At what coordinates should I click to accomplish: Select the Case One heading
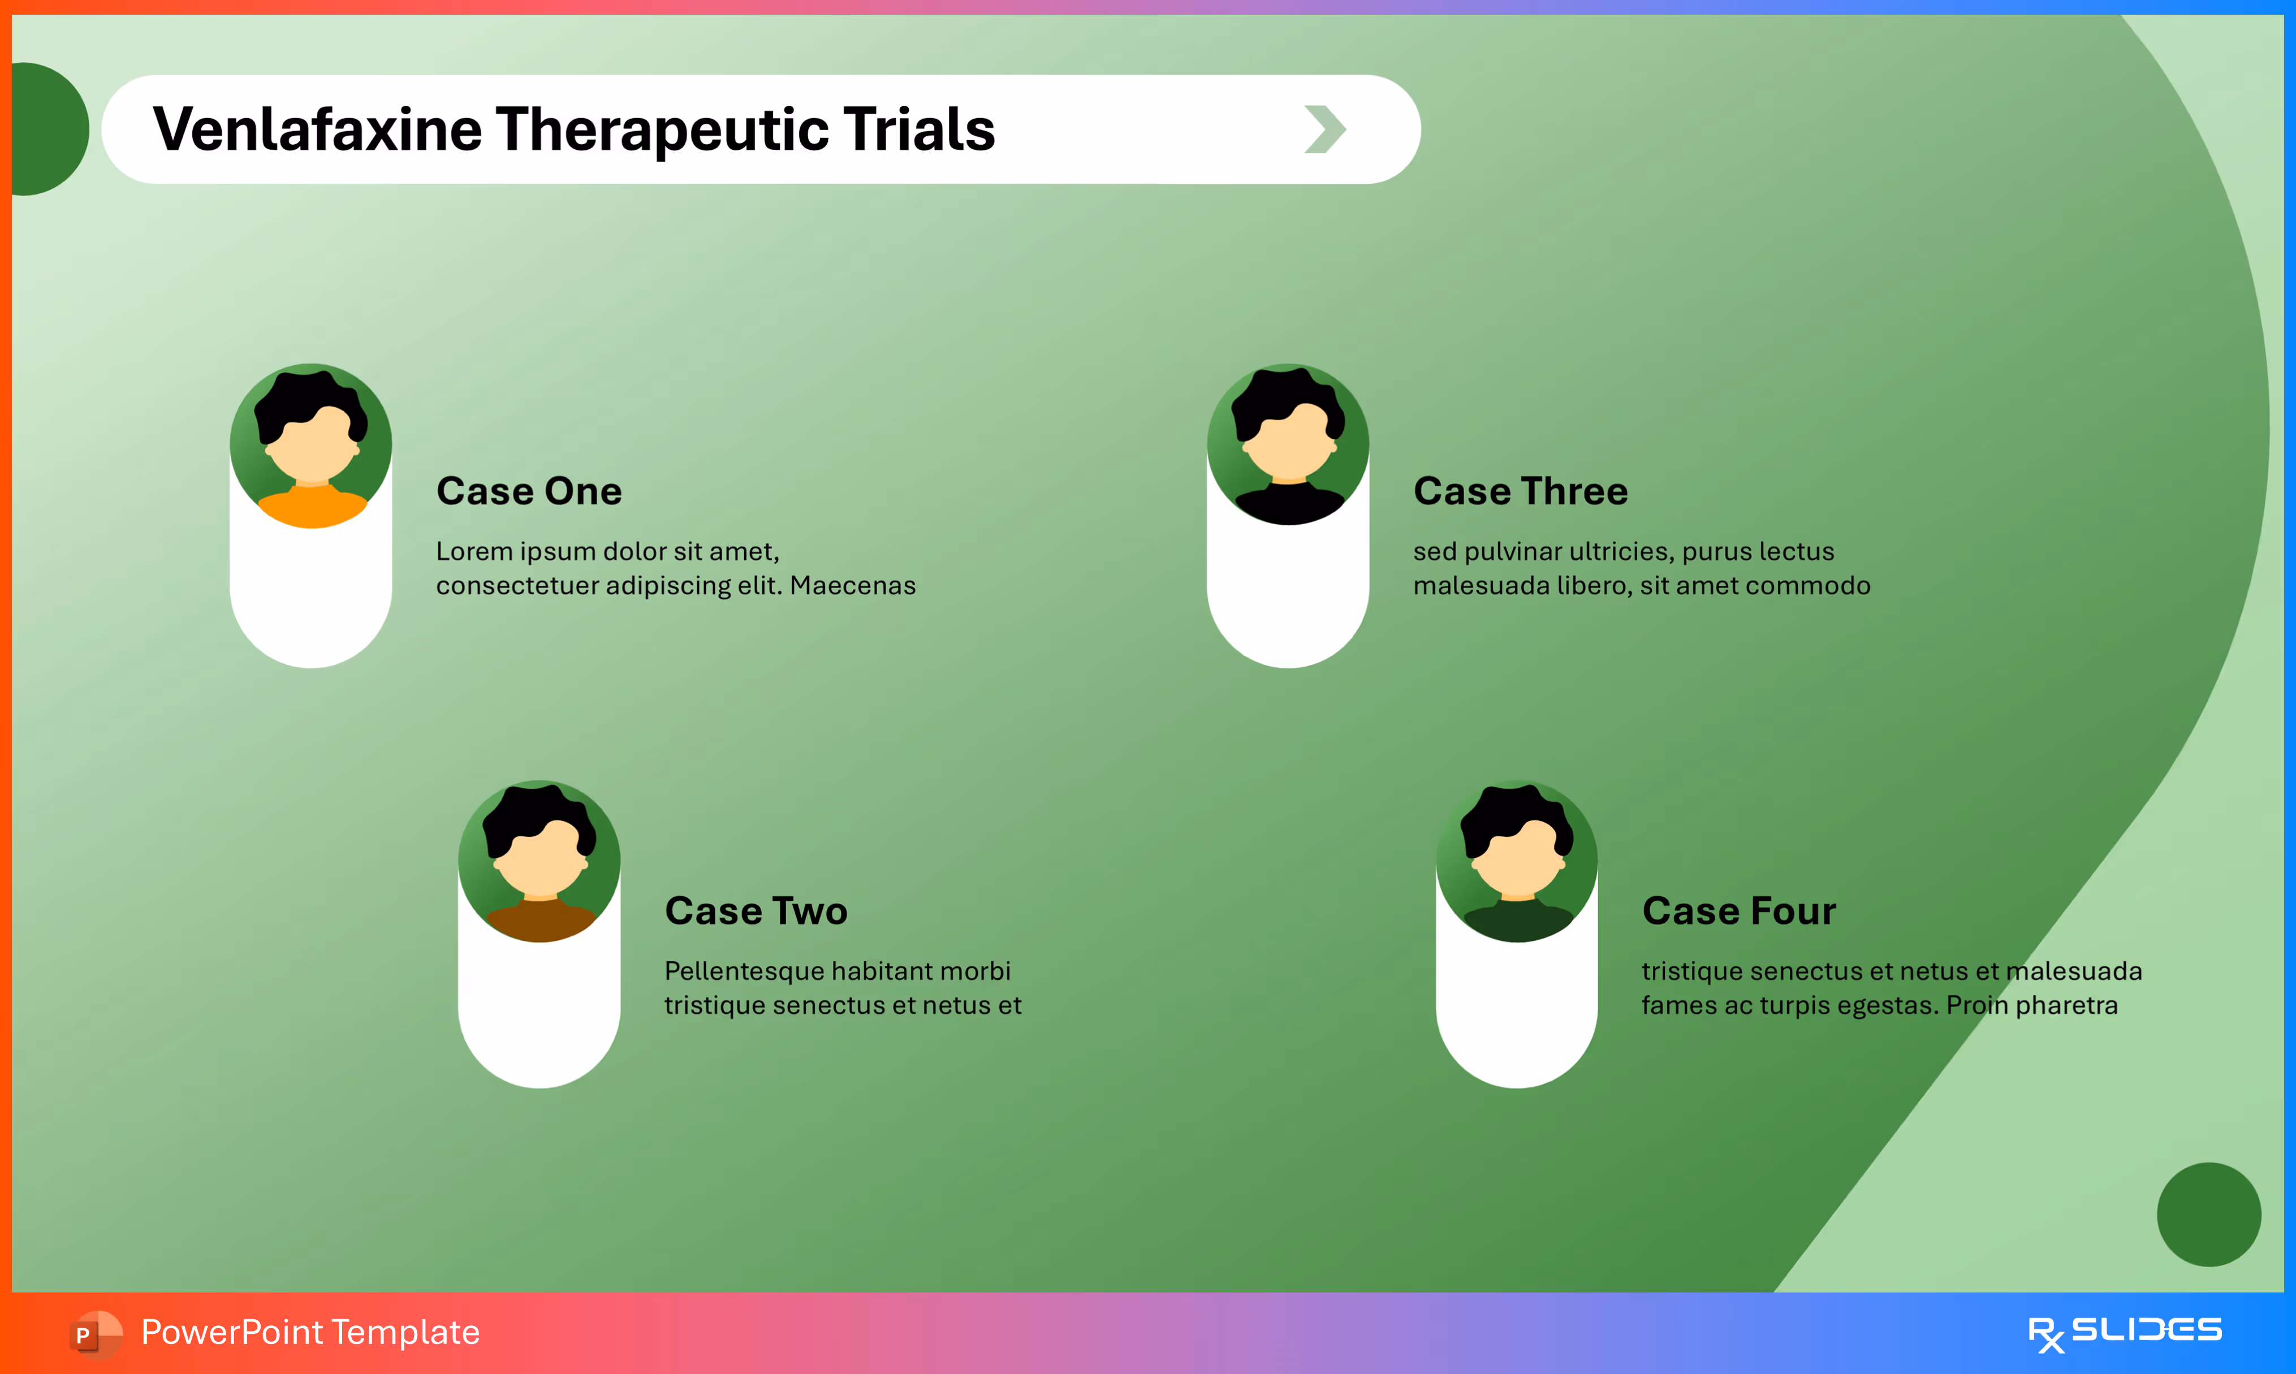point(529,491)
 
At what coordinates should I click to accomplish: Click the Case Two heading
point(756,911)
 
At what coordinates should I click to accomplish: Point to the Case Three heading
point(1520,491)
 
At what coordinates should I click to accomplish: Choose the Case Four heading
point(1738,911)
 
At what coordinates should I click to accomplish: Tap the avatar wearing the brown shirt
point(539,862)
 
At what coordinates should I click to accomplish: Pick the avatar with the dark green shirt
point(1517,862)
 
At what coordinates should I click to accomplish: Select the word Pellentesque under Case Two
point(744,971)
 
